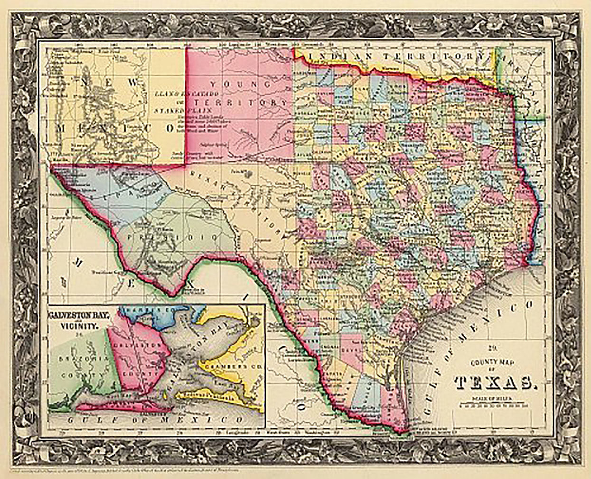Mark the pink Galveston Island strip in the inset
point(119,405)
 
